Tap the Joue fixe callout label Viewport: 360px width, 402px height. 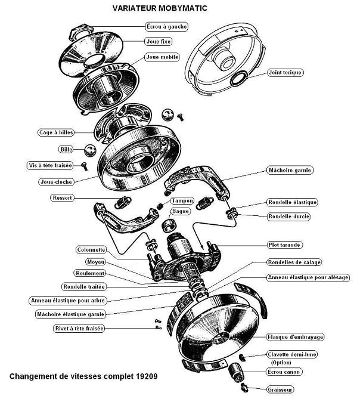(x=157, y=42)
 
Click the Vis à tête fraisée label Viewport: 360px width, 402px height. (x=55, y=164)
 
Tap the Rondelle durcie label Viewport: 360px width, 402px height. (x=289, y=217)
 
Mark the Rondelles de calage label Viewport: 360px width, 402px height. (x=294, y=262)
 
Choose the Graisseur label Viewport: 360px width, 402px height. (x=281, y=389)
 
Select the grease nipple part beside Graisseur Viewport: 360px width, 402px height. (x=243, y=388)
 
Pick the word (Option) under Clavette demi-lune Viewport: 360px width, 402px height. (x=282, y=362)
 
